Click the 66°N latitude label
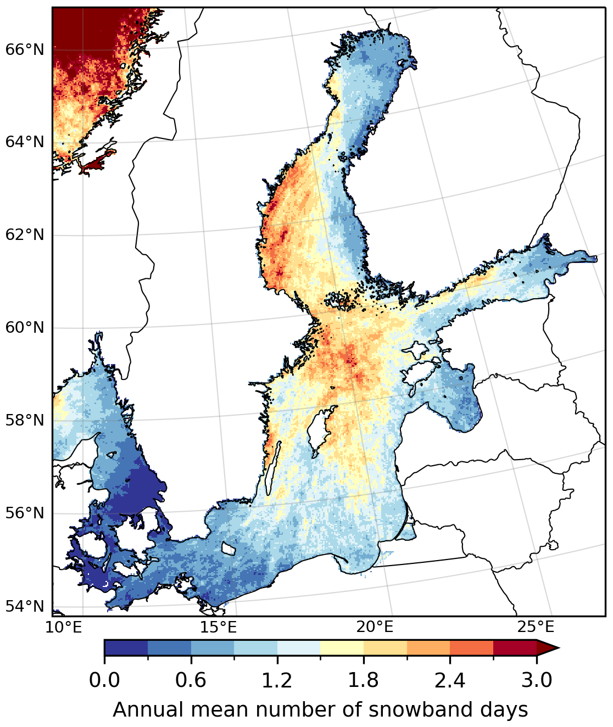coord(24,50)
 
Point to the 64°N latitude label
coord(24,143)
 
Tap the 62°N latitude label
coord(24,236)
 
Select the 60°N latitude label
coord(24,328)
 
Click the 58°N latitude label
coord(24,421)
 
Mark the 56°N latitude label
coord(24,514)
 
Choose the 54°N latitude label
coord(24,607)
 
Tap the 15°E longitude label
coord(219,627)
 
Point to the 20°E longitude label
coord(375,627)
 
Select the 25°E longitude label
coord(536,627)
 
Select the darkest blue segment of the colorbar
coord(126,648)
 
